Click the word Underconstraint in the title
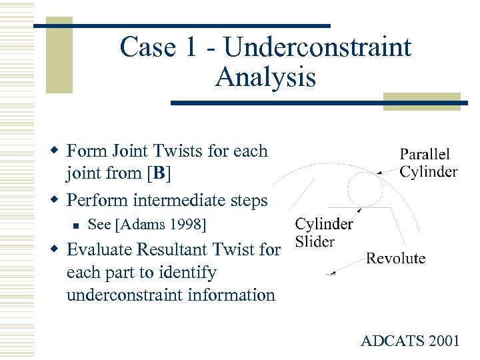click(317, 47)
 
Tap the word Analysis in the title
click(265, 78)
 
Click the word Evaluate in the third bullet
click(101, 249)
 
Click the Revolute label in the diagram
click(396, 258)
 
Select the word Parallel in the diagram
click(425, 155)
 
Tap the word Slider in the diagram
click(315, 241)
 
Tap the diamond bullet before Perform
click(58, 200)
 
